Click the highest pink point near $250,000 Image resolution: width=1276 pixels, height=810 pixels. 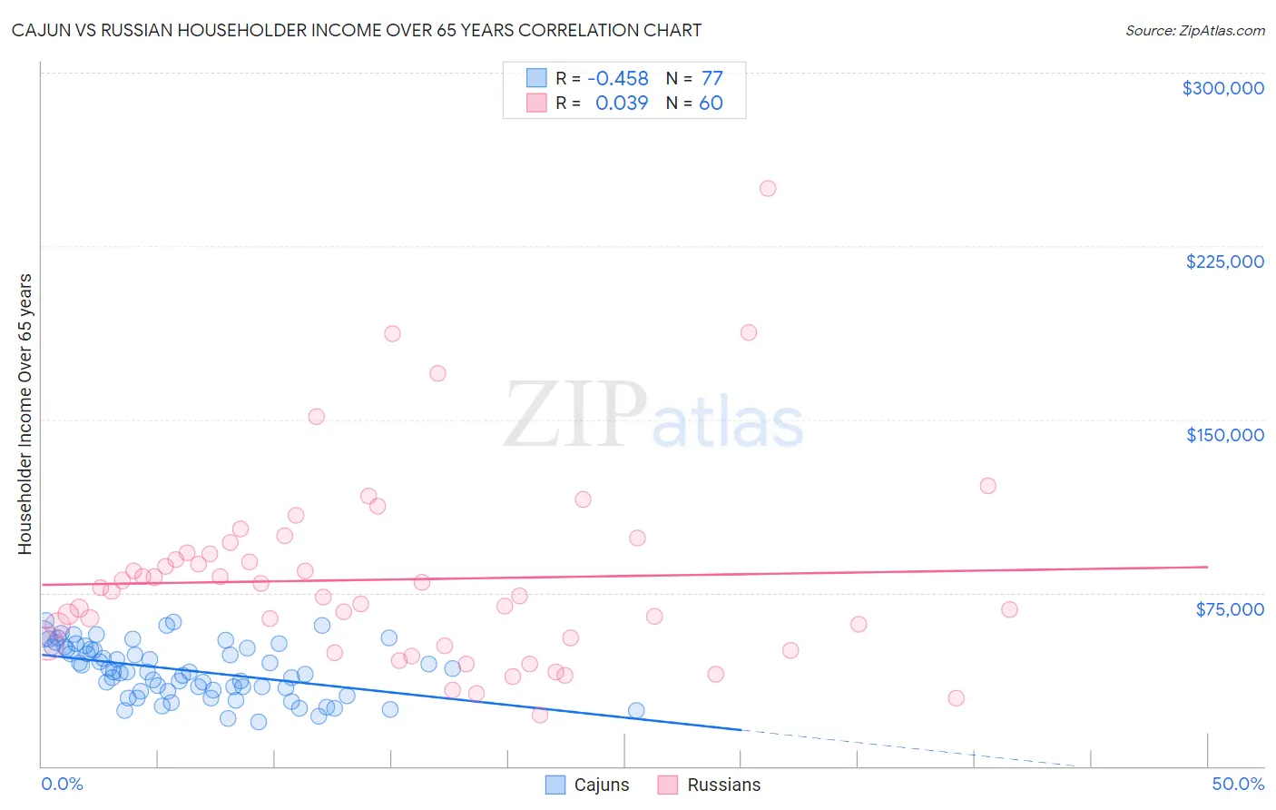(x=768, y=189)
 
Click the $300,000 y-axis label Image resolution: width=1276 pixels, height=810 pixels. (x=1222, y=88)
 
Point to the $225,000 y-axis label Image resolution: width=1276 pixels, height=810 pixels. (x=1224, y=262)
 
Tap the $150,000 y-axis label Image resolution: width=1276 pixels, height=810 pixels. (x=1224, y=435)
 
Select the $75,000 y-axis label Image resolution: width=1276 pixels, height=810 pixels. (x=1230, y=608)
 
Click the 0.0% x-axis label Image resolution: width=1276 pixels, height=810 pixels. (x=62, y=784)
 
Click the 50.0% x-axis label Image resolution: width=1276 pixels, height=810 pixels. (x=1237, y=784)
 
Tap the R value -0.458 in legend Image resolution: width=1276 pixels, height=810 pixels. (x=617, y=79)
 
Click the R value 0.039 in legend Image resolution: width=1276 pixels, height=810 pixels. (x=621, y=104)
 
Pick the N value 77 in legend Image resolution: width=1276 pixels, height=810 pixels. (x=712, y=79)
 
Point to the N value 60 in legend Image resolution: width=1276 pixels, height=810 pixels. (x=711, y=104)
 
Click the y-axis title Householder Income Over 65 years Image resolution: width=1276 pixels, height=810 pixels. (x=25, y=413)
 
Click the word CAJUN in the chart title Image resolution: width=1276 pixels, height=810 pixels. (x=43, y=30)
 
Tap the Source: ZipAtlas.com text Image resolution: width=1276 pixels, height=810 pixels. (x=1194, y=30)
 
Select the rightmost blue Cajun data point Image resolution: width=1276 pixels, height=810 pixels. (x=636, y=711)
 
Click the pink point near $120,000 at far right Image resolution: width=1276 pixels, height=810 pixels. (x=988, y=486)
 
